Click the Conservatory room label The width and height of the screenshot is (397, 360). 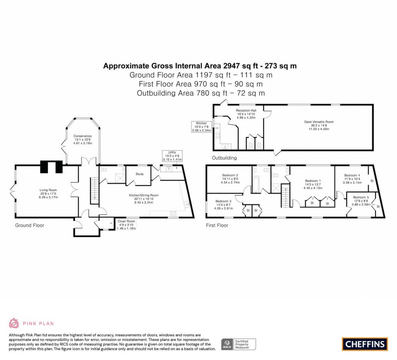point(83,140)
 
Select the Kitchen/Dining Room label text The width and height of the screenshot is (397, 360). point(144,199)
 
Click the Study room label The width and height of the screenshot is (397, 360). point(140,174)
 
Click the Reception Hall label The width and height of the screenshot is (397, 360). point(246,114)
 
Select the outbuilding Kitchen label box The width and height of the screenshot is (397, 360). point(201,127)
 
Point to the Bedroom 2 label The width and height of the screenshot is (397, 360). point(230,178)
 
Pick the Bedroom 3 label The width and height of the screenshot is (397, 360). point(223,204)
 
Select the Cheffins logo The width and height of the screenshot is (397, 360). point(364,344)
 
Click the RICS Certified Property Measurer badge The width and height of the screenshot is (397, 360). point(239,344)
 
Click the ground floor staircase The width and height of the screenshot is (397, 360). point(93,190)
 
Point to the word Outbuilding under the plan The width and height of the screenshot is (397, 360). point(224,158)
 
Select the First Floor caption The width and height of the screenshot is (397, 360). point(217,225)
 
